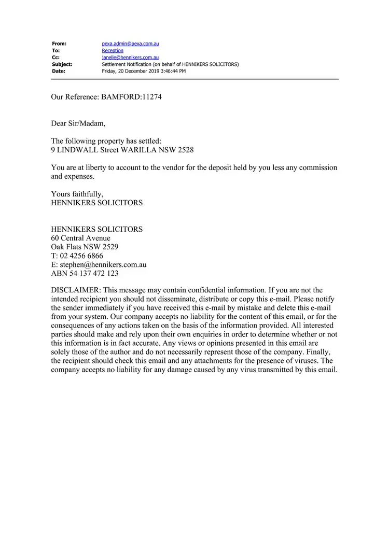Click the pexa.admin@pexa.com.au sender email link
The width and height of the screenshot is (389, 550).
coord(130,44)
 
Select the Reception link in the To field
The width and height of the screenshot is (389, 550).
coord(113,51)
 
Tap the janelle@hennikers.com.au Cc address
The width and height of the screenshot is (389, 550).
coord(130,58)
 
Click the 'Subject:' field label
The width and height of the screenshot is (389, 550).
coord(62,64)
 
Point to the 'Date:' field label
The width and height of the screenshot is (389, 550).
coord(59,71)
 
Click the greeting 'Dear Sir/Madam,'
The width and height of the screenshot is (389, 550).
coord(78,123)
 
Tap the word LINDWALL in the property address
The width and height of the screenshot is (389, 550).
coord(77,150)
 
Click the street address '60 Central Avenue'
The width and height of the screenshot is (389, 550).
coord(80,238)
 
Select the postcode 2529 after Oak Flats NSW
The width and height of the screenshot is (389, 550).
coord(110,247)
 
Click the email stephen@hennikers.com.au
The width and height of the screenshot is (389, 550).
coord(103,265)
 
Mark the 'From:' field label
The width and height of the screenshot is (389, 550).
coord(59,44)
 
